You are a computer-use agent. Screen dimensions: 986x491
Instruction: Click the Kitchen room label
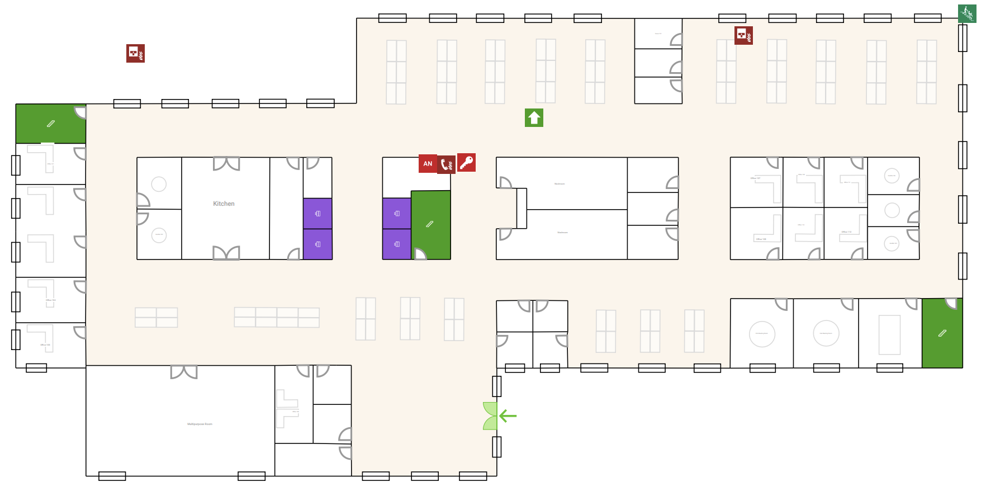(x=224, y=204)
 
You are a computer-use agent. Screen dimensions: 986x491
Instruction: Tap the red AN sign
(x=428, y=164)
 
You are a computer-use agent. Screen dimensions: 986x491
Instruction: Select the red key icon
(x=467, y=162)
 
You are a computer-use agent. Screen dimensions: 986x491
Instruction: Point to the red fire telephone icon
(x=446, y=164)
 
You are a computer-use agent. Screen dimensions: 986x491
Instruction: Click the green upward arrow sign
(x=534, y=117)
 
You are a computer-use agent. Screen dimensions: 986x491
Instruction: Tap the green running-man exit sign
(x=967, y=13)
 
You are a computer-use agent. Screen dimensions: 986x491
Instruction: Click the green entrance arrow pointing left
(x=508, y=416)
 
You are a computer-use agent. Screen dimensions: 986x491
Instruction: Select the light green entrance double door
(x=490, y=416)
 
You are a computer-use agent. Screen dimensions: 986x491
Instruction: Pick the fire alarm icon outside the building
(x=135, y=53)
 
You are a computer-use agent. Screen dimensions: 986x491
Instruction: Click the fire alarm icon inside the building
(x=743, y=35)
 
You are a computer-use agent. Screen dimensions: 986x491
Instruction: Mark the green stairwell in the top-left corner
(x=50, y=124)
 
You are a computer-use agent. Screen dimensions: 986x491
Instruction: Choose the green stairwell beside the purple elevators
(x=430, y=225)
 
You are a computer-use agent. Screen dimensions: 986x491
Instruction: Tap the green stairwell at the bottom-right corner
(x=942, y=333)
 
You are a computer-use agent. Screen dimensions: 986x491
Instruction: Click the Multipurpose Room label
(x=200, y=424)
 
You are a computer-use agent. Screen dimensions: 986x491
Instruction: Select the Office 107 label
(x=755, y=178)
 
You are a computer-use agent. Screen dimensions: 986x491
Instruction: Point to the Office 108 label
(x=761, y=239)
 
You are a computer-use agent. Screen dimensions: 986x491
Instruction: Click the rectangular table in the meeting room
(x=889, y=334)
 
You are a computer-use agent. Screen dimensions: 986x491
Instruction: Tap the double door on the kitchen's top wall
(x=226, y=163)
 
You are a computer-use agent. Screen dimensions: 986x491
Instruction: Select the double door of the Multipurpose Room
(x=184, y=372)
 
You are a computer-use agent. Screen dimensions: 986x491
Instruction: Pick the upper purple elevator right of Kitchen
(x=317, y=214)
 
